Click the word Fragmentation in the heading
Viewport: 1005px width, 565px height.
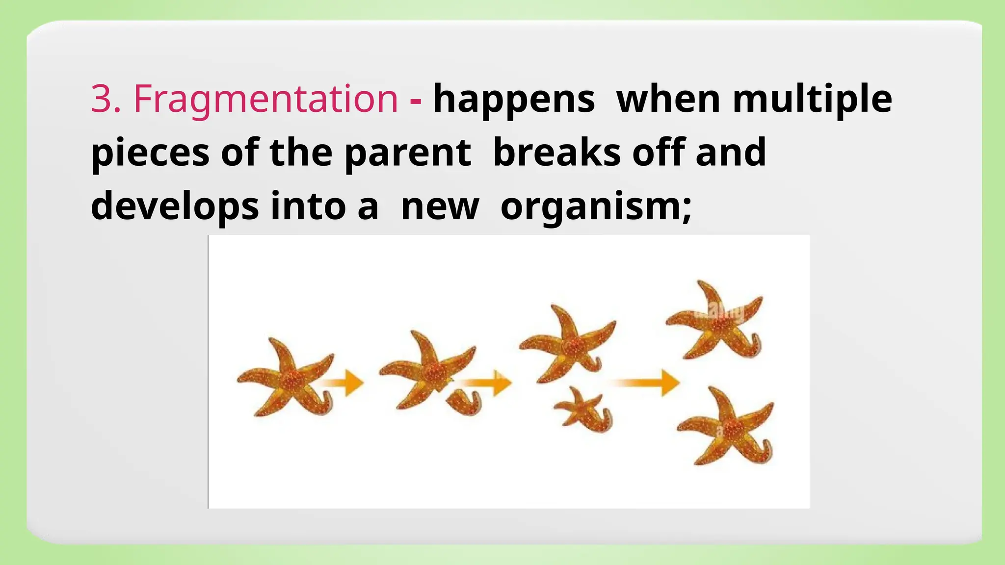pos(265,100)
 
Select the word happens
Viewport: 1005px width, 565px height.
pos(514,100)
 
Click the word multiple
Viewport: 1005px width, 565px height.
pos(812,100)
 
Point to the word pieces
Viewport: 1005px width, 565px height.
pos(150,154)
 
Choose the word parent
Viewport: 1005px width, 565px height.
pos(408,154)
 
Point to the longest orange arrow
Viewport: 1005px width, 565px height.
pos(645,383)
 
